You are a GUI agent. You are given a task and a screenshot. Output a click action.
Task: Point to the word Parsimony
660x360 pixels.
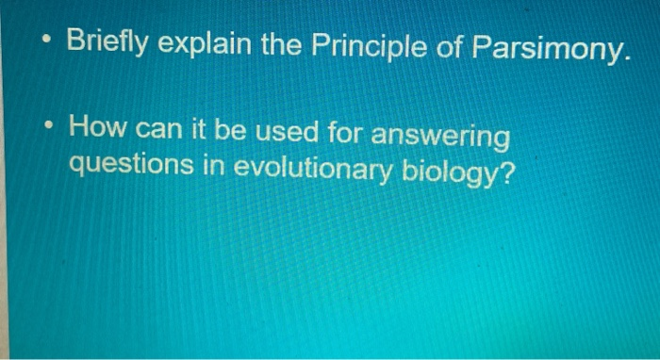pos(548,47)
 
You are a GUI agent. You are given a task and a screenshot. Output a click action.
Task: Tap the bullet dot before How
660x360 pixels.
pos(44,128)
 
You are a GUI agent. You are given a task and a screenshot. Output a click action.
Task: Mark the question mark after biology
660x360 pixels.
pos(509,172)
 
